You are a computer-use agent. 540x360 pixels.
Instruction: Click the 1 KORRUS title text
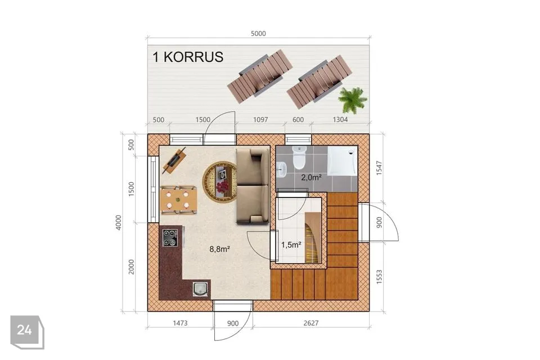click(x=188, y=57)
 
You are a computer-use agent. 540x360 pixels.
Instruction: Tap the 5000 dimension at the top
click(x=258, y=33)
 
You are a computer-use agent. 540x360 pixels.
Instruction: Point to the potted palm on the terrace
click(x=352, y=100)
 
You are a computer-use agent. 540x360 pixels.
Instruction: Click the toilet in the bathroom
click(x=299, y=157)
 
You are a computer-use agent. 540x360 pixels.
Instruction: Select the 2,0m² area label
click(x=311, y=177)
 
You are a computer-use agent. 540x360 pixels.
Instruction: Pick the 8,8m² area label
click(x=219, y=249)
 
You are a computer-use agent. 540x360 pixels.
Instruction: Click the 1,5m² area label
click(x=291, y=245)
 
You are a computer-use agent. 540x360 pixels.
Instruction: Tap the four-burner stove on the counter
click(x=170, y=238)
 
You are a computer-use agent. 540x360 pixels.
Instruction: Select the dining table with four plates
click(x=178, y=200)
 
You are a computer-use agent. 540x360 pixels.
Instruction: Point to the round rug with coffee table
click(x=220, y=182)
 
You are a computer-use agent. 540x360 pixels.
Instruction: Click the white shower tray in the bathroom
click(x=343, y=161)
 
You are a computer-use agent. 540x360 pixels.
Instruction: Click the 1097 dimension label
click(x=260, y=120)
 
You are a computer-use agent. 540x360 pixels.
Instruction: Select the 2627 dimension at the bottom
click(x=310, y=323)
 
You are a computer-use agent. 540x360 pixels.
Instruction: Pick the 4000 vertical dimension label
click(x=119, y=223)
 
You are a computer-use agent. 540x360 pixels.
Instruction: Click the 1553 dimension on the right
click(x=379, y=277)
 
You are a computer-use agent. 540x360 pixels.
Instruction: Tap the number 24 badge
click(x=24, y=330)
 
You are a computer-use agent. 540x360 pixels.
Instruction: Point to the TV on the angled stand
click(x=174, y=160)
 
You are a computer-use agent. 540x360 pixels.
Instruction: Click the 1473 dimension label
click(x=180, y=323)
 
